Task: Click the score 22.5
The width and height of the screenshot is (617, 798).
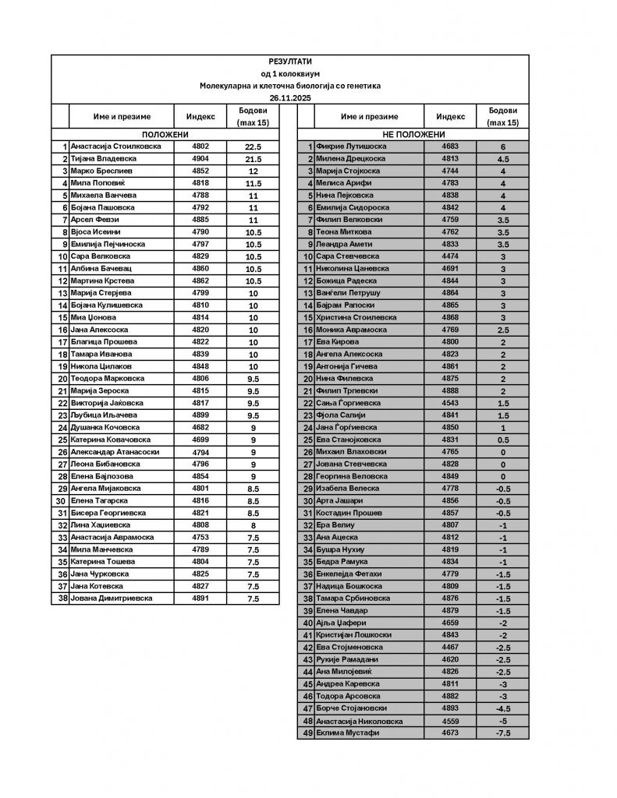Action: click(x=253, y=147)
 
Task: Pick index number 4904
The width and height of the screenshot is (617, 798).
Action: click(x=201, y=159)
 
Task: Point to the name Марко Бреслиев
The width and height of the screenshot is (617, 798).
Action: click(x=100, y=171)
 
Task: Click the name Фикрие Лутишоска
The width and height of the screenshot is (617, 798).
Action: click(x=351, y=147)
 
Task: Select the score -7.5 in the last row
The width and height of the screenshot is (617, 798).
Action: click(x=503, y=733)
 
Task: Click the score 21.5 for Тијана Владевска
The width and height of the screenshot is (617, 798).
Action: click(x=253, y=159)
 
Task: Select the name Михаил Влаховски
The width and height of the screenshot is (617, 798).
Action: click(x=351, y=452)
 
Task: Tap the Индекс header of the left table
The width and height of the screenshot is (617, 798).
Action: click(x=201, y=117)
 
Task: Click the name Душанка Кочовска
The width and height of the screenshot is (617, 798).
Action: click(x=105, y=428)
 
